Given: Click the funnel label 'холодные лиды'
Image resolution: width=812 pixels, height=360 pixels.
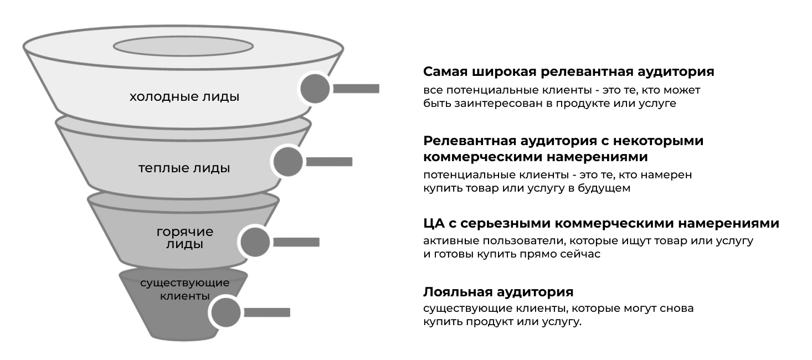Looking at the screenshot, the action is click(184, 97).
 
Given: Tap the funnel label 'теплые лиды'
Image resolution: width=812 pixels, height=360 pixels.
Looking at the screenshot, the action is click(184, 168).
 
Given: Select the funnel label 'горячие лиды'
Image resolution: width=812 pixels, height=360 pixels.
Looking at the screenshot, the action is click(185, 238).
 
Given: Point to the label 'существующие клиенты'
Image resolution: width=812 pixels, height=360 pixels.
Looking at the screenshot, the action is click(185, 289).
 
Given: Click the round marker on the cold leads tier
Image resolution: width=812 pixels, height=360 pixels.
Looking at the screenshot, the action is click(315, 89).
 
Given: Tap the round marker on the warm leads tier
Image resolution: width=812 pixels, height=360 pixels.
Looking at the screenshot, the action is click(288, 162).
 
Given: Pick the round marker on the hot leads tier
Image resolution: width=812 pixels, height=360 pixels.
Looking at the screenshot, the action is click(255, 242).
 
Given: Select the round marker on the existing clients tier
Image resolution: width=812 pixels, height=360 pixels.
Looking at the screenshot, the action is click(226, 312).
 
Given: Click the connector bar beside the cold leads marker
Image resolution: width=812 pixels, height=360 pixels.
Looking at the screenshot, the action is click(356, 89).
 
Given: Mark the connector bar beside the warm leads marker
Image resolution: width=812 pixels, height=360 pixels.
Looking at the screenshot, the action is click(329, 162).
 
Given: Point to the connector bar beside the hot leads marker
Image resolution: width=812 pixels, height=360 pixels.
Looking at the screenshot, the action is click(296, 242).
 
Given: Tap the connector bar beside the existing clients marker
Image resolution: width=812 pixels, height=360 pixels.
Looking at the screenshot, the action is click(267, 312).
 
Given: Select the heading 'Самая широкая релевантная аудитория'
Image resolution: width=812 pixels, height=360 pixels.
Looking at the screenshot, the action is click(569, 72).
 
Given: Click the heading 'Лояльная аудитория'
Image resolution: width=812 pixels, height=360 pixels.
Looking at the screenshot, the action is click(498, 292).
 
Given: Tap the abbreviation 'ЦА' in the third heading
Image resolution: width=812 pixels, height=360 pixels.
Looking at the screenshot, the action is click(434, 223).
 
